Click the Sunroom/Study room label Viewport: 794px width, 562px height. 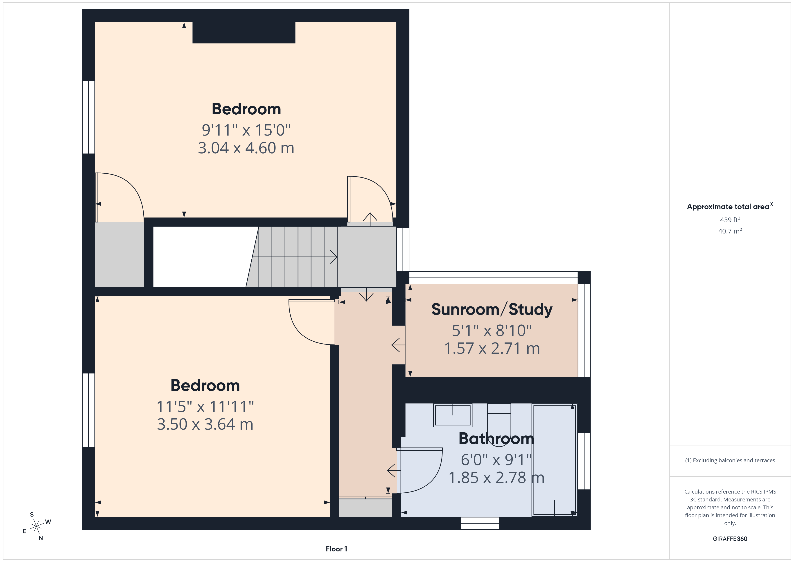tap(492, 309)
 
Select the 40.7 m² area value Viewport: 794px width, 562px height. tap(730, 231)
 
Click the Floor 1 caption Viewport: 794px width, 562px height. tap(336, 549)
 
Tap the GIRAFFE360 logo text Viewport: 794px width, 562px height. tap(730, 539)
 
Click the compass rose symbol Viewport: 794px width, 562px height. tap(36, 527)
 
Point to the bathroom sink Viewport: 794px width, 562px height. tap(453, 415)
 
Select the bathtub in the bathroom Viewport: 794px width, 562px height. tap(554, 460)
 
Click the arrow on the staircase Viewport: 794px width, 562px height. tap(295, 257)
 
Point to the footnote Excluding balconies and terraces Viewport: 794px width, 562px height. tap(730, 460)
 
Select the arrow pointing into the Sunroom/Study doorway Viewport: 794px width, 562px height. tap(398, 345)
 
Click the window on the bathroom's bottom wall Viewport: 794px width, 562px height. tap(480, 523)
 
